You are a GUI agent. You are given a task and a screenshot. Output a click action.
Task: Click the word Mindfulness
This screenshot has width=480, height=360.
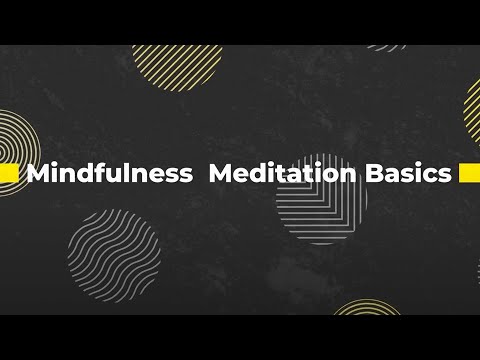pyautogui.click(x=110, y=173)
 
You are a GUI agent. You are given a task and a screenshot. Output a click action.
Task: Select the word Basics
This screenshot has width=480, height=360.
pyautogui.click(x=407, y=173)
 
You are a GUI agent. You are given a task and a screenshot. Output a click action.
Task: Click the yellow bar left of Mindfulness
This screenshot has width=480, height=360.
pyautogui.click(x=9, y=174)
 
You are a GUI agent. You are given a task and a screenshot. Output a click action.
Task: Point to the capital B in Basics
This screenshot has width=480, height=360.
pyautogui.click(x=372, y=173)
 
